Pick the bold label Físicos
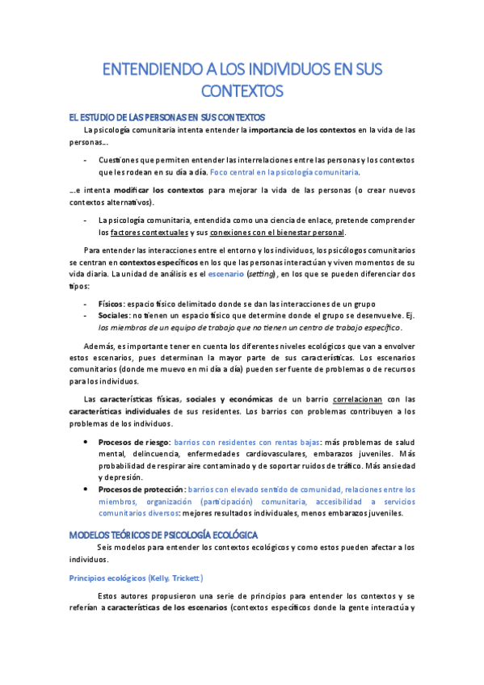pyautogui.click(x=111, y=303)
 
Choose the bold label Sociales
pyautogui.click(x=113, y=315)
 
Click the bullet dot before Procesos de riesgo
pyautogui.click(x=87, y=443)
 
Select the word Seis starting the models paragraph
pyautogui.click(x=105, y=548)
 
